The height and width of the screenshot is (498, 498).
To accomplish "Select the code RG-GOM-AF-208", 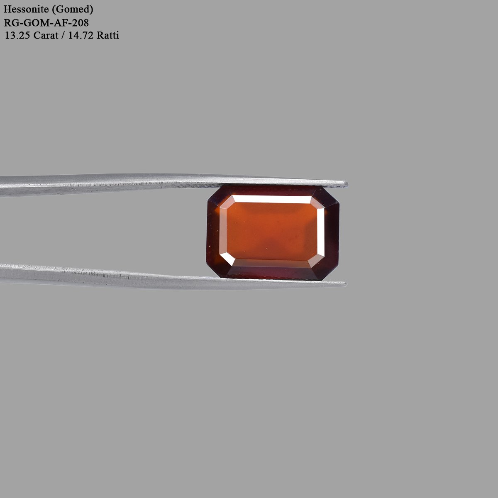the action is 46,23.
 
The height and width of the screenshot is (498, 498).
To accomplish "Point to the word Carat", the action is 46,35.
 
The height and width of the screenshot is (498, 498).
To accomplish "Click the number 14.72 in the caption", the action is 81,35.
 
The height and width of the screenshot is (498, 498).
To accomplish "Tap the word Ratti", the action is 108,35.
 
